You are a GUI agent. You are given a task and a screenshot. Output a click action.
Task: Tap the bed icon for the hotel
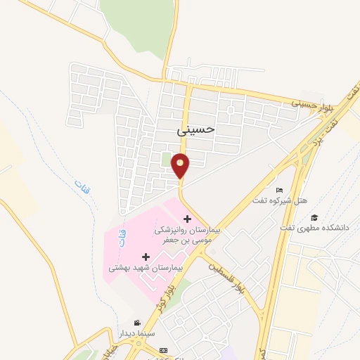[x=280, y=190]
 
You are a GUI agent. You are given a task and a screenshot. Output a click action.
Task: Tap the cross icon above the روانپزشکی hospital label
[x=187, y=219]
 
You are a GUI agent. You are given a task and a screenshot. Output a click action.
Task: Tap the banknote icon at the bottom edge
[x=164, y=349]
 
